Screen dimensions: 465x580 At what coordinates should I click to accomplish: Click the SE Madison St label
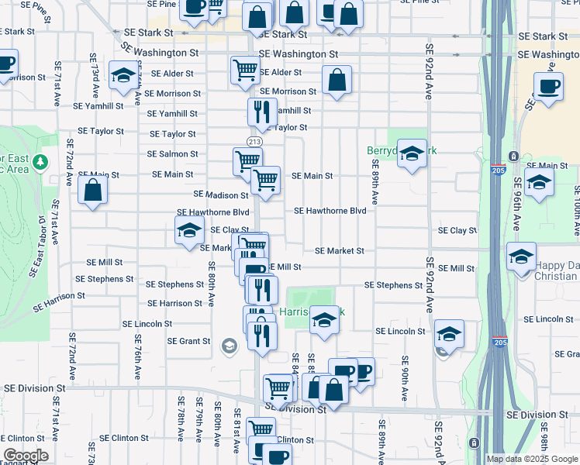(221, 195)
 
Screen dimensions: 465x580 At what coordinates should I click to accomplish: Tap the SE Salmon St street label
(172, 154)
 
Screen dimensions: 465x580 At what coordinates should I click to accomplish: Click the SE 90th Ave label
(405, 377)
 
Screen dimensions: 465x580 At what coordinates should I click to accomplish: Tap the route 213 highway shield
(254, 141)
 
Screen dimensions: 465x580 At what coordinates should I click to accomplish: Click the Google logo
(26, 456)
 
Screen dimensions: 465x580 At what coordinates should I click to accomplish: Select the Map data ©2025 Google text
(532, 459)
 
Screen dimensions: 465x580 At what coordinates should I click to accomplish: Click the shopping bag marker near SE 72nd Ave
(92, 191)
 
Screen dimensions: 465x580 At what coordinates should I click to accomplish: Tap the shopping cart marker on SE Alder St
(245, 70)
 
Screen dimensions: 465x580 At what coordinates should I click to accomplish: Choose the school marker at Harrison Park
(323, 319)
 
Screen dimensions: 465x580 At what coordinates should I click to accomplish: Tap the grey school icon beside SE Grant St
(229, 346)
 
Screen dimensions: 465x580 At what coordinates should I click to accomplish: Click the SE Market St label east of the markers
(339, 250)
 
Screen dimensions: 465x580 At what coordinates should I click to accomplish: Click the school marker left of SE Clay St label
(189, 230)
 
